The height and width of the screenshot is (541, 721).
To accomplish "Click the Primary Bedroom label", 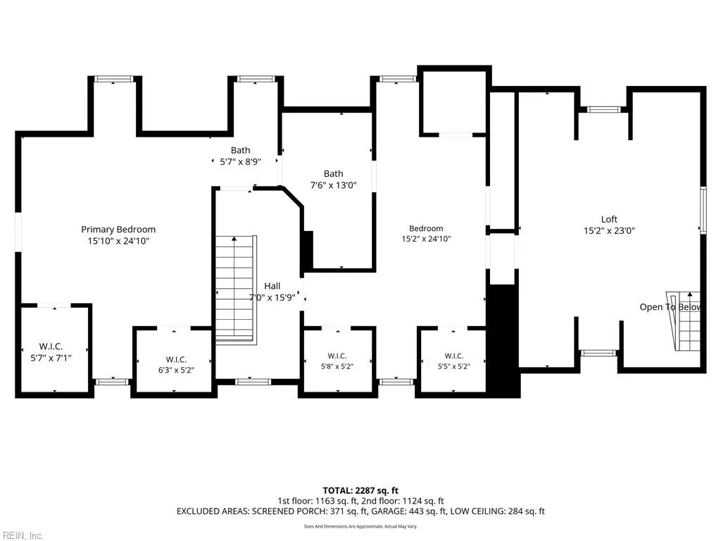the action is coord(118,229).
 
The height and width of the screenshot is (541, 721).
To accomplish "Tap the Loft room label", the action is coord(609,220).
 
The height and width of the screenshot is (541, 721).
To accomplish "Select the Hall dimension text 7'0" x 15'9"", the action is coord(272,297).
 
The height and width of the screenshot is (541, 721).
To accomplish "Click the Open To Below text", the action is coord(670,307).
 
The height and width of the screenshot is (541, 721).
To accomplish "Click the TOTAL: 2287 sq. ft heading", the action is coord(360,490).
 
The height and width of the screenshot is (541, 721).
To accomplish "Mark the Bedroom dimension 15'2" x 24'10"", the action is coord(426,239).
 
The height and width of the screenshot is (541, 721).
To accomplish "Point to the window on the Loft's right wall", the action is coord(703,210).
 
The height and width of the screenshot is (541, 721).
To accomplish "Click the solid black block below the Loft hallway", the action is coord(503,341).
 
